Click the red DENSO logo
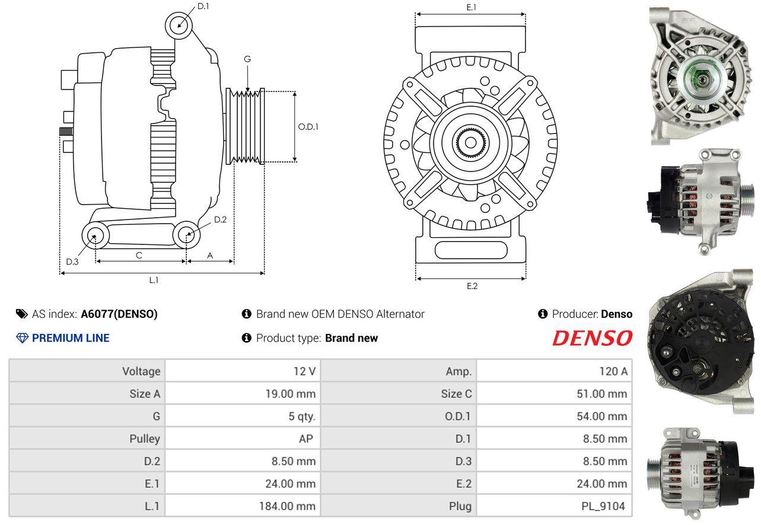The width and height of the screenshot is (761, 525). click(x=592, y=338)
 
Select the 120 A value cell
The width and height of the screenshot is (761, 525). click(x=613, y=371)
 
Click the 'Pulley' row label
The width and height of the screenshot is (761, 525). click(x=145, y=439)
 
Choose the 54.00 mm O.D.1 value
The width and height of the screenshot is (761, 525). click(x=601, y=416)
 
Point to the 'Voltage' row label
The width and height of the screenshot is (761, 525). click(x=141, y=371)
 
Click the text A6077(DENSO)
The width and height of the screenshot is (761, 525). click(x=119, y=314)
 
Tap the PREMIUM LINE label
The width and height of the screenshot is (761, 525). click(x=71, y=338)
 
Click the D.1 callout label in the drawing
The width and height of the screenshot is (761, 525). click(x=203, y=6)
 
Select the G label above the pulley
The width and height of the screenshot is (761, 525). click(x=247, y=59)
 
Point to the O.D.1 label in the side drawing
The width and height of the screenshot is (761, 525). click(x=308, y=126)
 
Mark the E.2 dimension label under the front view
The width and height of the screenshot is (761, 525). click(x=472, y=286)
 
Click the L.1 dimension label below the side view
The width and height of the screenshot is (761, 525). click(x=154, y=280)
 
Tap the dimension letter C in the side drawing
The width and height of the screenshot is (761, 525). click(x=139, y=255)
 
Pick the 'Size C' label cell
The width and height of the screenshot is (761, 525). click(x=456, y=394)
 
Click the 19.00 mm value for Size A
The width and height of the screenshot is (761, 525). click(x=290, y=394)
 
